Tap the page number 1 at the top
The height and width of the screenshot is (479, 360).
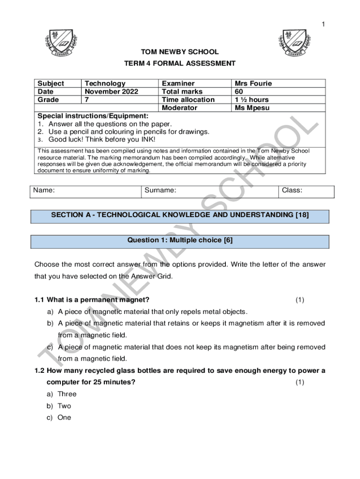pyautogui.click(x=323, y=25)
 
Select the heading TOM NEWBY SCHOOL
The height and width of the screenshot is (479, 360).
pyautogui.click(x=180, y=52)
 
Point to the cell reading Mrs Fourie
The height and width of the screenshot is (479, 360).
pyautogui.click(x=253, y=84)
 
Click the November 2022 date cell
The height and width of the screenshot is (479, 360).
pyautogui.click(x=111, y=92)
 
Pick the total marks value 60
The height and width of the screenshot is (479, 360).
pyautogui.click(x=239, y=92)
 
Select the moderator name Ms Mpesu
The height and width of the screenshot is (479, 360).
pyautogui.click(x=252, y=108)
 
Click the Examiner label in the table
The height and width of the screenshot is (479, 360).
pyautogui.click(x=178, y=84)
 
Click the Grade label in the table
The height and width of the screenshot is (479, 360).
pyautogui.click(x=49, y=100)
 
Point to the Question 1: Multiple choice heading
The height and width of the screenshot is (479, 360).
pyautogui.click(x=180, y=240)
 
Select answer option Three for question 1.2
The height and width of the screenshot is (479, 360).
pyautogui.click(x=67, y=394)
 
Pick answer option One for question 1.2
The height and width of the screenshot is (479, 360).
pyautogui.click(x=64, y=417)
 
